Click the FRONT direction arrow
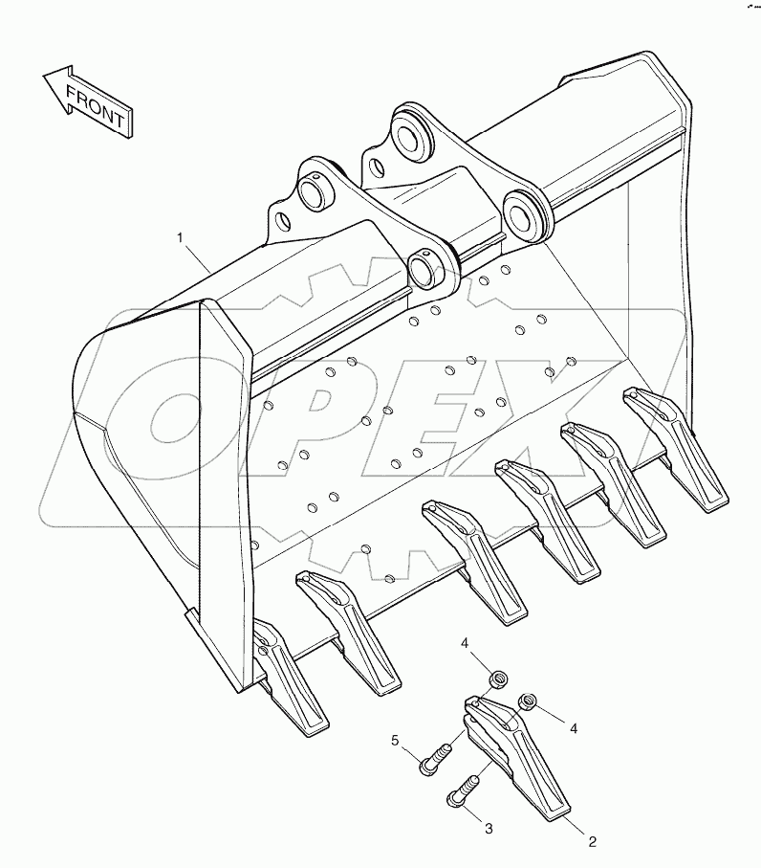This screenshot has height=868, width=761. coord(89,101)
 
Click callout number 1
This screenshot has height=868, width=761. coord(180,238)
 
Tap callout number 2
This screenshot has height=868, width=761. coord(593,842)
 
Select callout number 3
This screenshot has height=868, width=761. coord(489,829)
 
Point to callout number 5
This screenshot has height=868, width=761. coord(395,740)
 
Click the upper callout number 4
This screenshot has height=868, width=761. coord(465,643)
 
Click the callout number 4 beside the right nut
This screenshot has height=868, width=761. coord(574,729)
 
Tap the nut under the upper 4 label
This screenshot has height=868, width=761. coord(499,678)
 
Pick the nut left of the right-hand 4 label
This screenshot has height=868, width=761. coord(527,701)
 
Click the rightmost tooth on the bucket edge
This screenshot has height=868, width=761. coord(675,450)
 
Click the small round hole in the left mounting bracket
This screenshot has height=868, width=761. coord(283,221)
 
